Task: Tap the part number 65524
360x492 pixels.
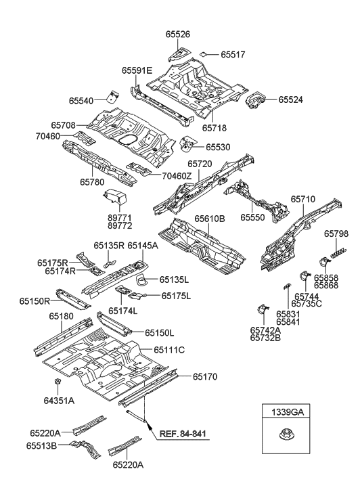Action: coord(289,100)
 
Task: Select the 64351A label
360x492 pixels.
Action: coord(60,401)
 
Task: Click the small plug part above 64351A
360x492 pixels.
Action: coord(59,386)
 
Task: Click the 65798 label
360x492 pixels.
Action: coord(336,234)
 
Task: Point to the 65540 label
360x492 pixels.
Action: coord(83,100)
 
